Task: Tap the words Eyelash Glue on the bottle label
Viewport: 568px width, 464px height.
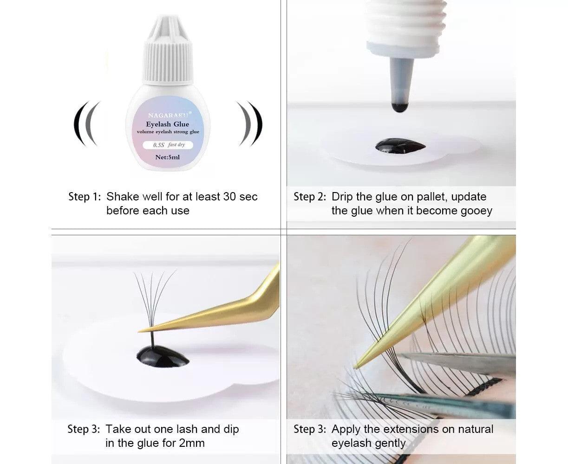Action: coord(167,124)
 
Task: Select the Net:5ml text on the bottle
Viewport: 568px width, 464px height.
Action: coord(167,157)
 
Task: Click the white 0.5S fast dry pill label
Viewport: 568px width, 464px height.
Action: coord(168,145)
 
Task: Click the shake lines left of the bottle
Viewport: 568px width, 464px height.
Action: coord(87,124)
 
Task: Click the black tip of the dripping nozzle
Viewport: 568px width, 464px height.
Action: coord(399,107)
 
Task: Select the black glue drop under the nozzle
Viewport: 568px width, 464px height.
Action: coord(400,147)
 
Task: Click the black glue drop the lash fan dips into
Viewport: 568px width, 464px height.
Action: coord(163,357)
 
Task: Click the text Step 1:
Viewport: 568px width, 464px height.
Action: coord(85,196)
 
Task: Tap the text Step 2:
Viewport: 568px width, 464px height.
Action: coord(310,196)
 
